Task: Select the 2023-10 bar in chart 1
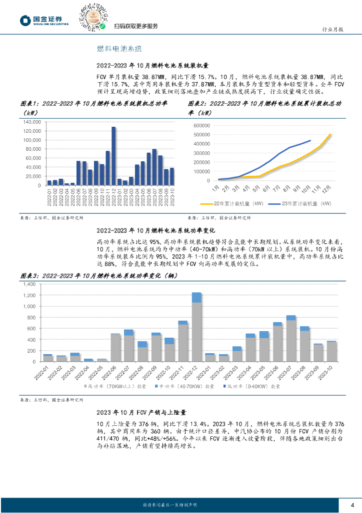(172, 176)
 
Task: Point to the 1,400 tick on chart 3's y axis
(29, 284)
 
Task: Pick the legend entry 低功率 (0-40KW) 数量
(252, 387)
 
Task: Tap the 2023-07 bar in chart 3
(291, 339)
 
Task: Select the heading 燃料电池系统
(119, 49)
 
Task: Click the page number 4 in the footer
(352, 504)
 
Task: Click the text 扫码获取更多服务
(136, 26)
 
